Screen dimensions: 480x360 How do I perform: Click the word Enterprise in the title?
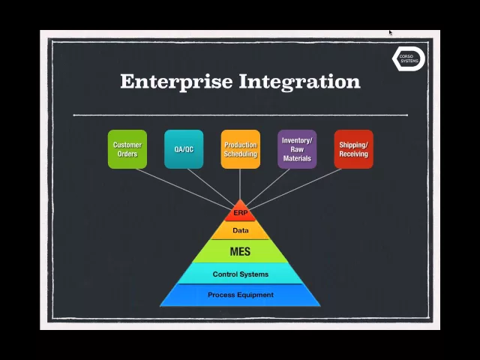coord(177,81)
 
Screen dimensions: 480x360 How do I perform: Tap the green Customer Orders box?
coord(127,149)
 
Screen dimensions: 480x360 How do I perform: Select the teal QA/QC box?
coord(184,149)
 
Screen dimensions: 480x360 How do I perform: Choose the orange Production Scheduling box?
coord(240,149)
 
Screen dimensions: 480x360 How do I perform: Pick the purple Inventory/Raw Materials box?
coord(297,149)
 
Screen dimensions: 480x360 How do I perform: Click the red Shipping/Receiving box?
coord(353,149)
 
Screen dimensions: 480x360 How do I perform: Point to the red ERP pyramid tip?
coord(240,212)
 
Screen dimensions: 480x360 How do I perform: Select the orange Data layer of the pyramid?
coord(240,231)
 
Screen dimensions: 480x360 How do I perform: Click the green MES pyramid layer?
coord(240,251)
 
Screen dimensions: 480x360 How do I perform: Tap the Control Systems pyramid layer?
coord(240,274)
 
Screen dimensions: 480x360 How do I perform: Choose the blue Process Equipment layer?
coord(240,295)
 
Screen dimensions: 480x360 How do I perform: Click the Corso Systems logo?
coord(409,59)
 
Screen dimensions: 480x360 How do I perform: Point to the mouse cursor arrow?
coord(391,32)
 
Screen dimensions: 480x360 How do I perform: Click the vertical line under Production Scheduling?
coord(240,184)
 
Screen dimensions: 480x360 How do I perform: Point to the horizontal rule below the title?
coord(240,115)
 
